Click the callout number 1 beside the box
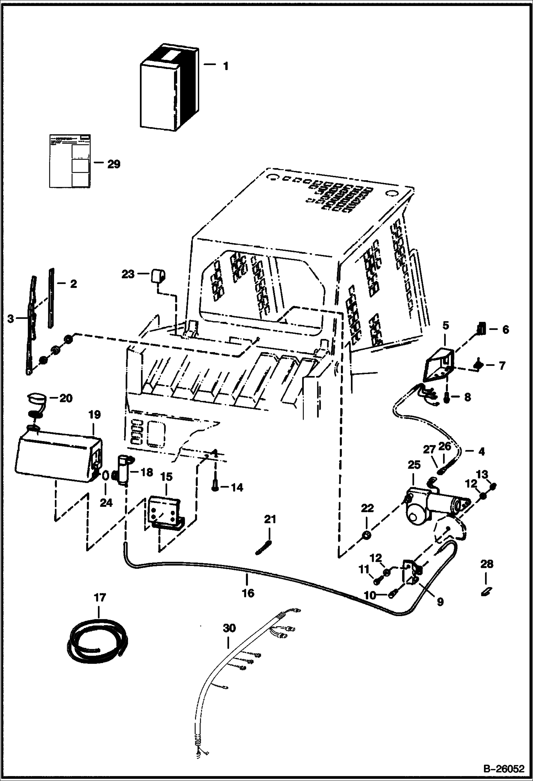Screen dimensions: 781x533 coord(225,66)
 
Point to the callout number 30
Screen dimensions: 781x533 coord(229,628)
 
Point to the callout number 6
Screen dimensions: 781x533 coord(505,330)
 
